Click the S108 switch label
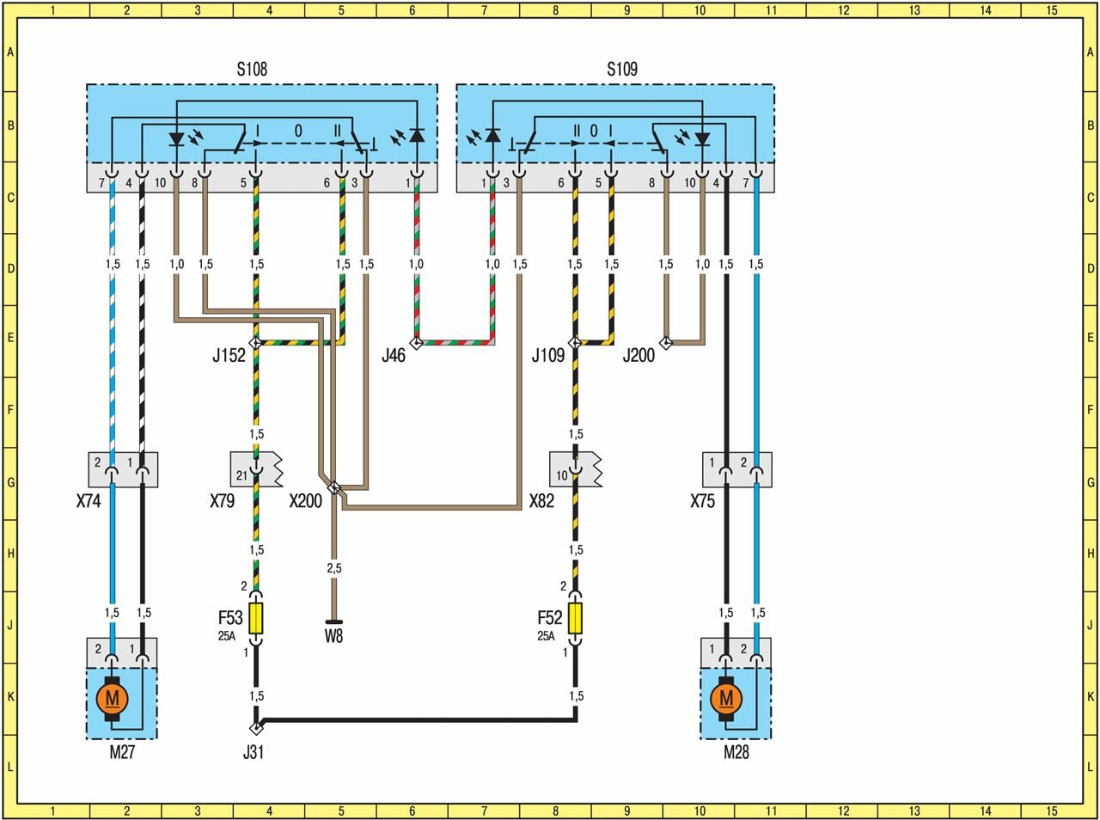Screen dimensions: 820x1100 pyautogui.click(x=252, y=70)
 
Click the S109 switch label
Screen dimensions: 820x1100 pyautogui.click(x=622, y=70)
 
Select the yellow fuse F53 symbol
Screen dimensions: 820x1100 pyautogui.click(x=256, y=619)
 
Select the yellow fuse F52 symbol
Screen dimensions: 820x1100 pyautogui.click(x=575, y=619)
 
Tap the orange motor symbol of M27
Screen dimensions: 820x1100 pyautogui.click(x=112, y=698)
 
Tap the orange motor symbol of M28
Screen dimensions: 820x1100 pyautogui.click(x=726, y=698)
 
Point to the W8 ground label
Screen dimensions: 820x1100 pyautogui.click(x=333, y=637)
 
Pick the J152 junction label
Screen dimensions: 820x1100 pyautogui.click(x=229, y=356)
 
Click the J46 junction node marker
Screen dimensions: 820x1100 pyautogui.click(x=416, y=343)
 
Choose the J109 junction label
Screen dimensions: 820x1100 pyautogui.click(x=547, y=356)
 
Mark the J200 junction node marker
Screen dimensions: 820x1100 pyautogui.click(x=665, y=342)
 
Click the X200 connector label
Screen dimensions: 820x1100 pyautogui.click(x=305, y=501)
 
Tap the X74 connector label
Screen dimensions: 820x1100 pyautogui.click(x=89, y=501)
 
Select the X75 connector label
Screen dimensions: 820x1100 pyautogui.click(x=702, y=501)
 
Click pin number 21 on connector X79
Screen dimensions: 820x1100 pyautogui.click(x=241, y=475)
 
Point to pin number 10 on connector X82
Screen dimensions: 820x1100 pyautogui.click(x=562, y=475)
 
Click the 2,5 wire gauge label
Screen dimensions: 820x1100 pyautogui.click(x=333, y=568)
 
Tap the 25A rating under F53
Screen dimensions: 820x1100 pyautogui.click(x=226, y=637)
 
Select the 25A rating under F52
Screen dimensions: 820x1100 pyautogui.click(x=546, y=637)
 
